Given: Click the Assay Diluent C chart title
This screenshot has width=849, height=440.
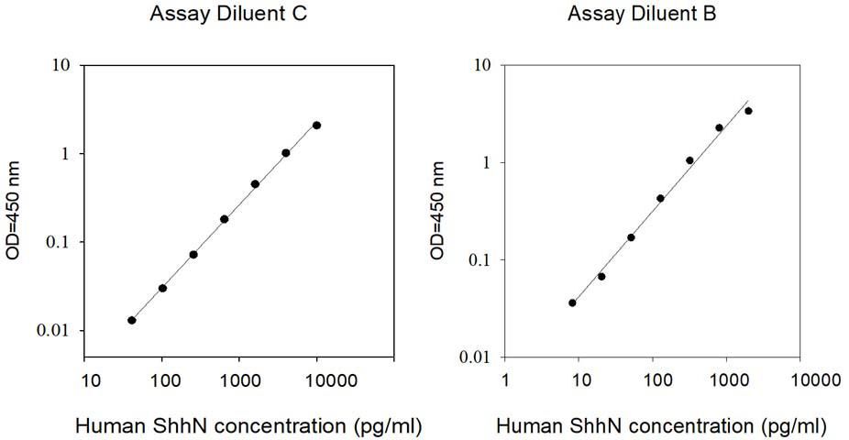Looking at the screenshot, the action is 228,14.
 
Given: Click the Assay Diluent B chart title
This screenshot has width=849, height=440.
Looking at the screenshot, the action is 642,14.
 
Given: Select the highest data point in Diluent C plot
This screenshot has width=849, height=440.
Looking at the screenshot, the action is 316,126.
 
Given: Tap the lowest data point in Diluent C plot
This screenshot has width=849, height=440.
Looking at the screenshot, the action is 132,321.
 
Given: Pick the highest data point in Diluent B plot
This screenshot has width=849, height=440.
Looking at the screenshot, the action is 748,111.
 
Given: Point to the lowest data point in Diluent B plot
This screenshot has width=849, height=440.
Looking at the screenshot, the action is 572,303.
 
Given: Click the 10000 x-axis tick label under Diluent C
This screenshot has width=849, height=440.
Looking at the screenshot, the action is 325,380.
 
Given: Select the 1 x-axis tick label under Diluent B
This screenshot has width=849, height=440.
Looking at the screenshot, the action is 504,380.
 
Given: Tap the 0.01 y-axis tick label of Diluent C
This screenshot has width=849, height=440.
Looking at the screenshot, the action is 53,330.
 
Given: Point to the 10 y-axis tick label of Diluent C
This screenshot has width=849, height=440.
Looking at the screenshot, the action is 61,65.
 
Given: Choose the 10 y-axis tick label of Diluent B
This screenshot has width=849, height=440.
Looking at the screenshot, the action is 483,65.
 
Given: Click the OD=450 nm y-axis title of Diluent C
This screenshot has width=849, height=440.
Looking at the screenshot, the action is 13,211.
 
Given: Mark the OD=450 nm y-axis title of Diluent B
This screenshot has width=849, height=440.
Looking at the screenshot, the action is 437,211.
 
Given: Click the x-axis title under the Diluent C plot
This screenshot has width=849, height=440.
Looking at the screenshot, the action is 248,426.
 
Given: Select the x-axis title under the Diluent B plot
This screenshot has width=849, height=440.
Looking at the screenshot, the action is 661,426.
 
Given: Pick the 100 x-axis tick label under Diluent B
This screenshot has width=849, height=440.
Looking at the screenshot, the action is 657,380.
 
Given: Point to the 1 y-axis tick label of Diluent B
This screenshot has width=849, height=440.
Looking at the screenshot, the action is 488,162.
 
